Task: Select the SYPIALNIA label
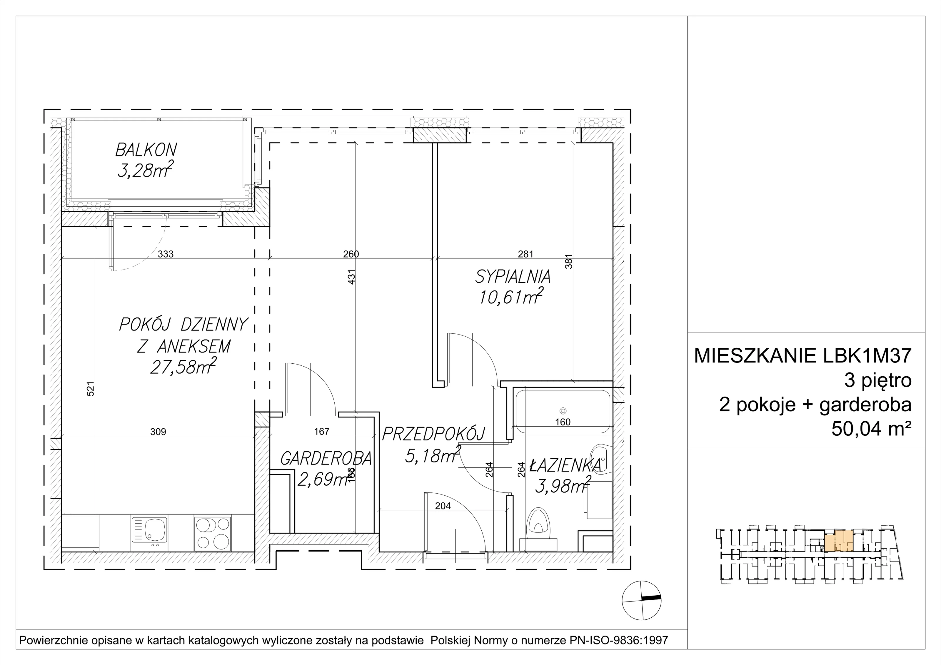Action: click(x=513, y=278)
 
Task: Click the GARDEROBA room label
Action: click(x=326, y=459)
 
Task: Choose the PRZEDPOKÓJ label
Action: click(x=434, y=434)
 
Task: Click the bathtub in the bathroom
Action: click(x=563, y=411)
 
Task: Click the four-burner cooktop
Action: click(x=213, y=533)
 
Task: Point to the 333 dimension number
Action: click(x=166, y=254)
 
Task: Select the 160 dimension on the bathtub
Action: click(x=563, y=422)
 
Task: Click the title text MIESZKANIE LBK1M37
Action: click(x=802, y=356)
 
